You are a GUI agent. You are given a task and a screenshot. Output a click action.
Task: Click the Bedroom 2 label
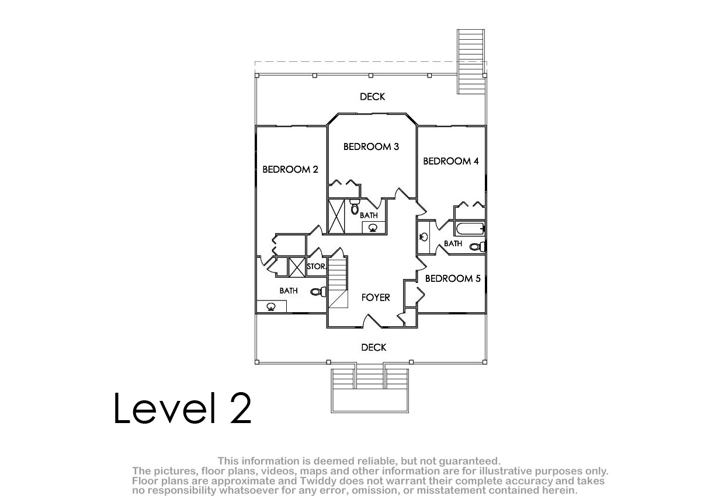click(290, 169)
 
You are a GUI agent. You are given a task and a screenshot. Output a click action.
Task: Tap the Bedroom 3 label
click(371, 146)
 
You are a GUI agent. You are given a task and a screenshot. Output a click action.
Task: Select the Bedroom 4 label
click(451, 161)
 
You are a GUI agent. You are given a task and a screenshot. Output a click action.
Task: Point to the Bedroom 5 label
click(453, 278)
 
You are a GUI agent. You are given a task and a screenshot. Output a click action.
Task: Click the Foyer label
click(376, 298)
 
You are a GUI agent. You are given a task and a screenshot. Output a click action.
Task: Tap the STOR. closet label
click(317, 266)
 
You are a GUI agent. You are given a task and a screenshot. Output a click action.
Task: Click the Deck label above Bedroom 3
click(373, 97)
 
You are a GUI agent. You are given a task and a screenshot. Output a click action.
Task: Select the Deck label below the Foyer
click(374, 347)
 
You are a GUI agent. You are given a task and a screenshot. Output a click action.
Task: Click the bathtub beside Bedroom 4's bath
click(470, 229)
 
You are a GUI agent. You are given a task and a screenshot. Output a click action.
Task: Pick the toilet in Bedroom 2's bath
click(318, 292)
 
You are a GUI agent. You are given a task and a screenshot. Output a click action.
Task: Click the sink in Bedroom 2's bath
click(271, 306)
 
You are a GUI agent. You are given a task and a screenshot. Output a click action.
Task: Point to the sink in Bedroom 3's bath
click(373, 228)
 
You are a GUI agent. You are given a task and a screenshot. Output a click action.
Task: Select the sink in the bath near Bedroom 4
click(424, 237)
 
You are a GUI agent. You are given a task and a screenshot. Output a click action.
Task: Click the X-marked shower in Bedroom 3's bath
click(336, 216)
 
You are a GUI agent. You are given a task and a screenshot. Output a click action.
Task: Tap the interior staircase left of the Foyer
click(338, 282)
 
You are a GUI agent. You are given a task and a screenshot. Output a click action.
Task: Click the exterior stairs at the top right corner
click(471, 62)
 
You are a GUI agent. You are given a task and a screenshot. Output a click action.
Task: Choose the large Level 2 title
click(183, 408)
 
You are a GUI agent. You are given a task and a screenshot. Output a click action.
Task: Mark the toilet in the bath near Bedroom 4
click(477, 247)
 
